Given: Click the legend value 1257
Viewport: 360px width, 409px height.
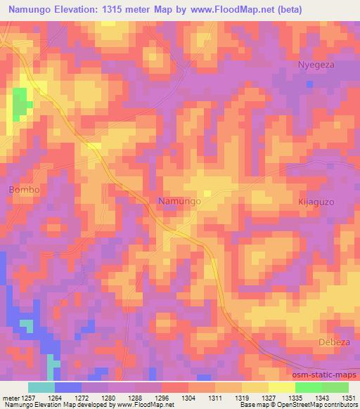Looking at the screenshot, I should point(29,397).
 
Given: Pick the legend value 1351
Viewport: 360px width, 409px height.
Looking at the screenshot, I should point(347,397).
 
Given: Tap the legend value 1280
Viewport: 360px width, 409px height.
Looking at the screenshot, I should point(108,397).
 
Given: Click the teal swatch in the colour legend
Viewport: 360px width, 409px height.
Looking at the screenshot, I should point(41,387).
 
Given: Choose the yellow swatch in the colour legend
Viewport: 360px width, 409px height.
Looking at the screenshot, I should point(281,387).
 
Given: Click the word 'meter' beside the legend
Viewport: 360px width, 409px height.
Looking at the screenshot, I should point(10,397).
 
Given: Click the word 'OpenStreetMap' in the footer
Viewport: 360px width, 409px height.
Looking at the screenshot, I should point(307,405).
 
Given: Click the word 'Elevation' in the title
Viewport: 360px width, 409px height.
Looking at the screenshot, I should point(79,9).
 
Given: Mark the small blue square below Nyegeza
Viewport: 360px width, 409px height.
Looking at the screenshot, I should point(309,84).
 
